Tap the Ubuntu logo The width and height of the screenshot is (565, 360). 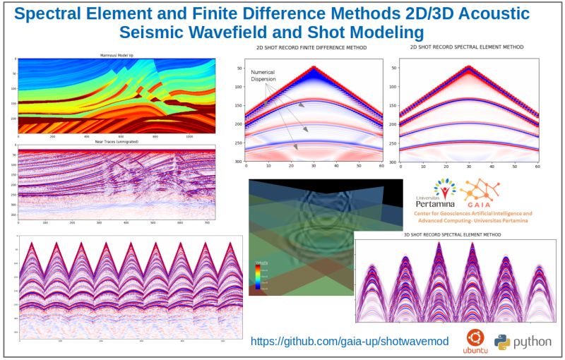(x=475, y=339)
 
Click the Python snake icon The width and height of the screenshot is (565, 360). (x=502, y=342)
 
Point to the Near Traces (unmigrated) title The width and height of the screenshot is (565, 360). (x=117, y=143)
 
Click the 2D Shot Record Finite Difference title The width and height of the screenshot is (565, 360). (x=311, y=48)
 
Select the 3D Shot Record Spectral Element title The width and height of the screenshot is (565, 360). (x=451, y=235)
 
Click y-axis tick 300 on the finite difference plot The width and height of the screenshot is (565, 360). (x=238, y=162)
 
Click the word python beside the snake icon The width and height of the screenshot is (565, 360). (x=533, y=342)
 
